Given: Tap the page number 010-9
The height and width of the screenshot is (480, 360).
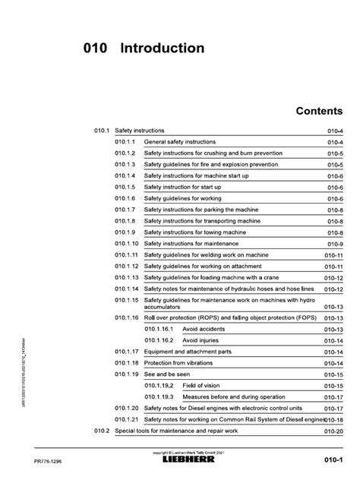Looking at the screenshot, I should (x=336, y=244).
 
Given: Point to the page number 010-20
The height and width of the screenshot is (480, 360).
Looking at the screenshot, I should (x=334, y=431).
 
